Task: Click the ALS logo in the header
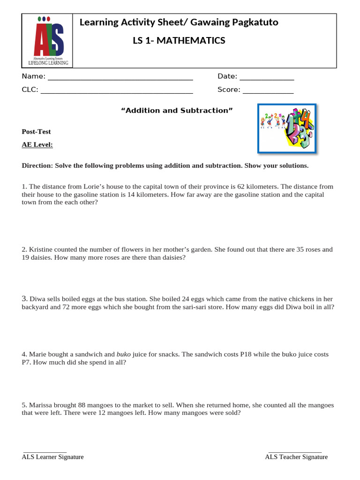[x=48, y=41]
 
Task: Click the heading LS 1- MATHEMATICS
[x=179, y=41]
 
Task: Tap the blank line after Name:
[x=120, y=77]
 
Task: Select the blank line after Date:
[x=267, y=77]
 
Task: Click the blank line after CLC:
[x=117, y=90]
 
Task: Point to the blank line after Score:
[x=268, y=90]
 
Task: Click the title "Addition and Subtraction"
[x=177, y=111]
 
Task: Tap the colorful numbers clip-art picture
[x=287, y=128]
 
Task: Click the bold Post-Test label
[x=36, y=132]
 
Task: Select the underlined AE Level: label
[x=37, y=145]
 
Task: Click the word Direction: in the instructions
[x=37, y=165]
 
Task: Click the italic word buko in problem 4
[x=123, y=354]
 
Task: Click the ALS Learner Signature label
[x=52, y=457]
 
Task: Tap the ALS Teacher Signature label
[x=296, y=457]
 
